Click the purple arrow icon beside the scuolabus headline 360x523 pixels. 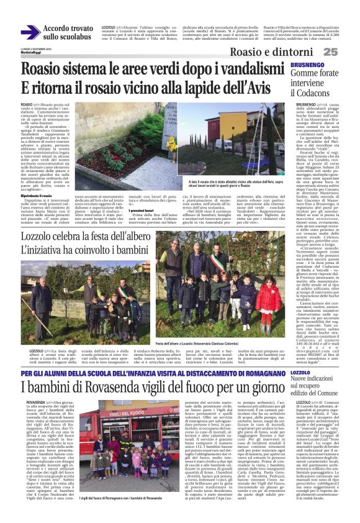tap(30, 33)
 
